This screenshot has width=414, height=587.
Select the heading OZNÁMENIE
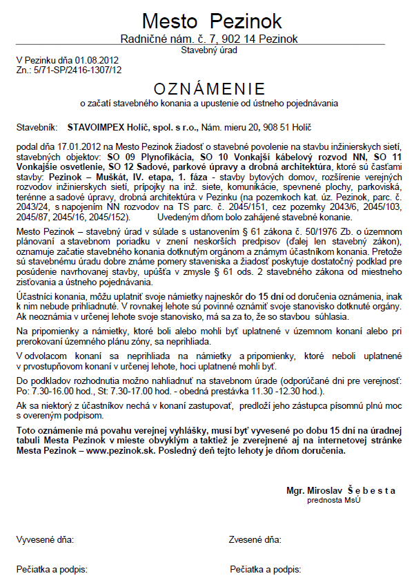(209, 89)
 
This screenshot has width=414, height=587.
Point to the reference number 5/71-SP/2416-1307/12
(77, 69)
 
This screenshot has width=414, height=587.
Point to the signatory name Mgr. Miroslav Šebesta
(341, 490)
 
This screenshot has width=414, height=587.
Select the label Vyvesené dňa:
(45, 539)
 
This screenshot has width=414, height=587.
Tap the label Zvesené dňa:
(255, 539)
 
